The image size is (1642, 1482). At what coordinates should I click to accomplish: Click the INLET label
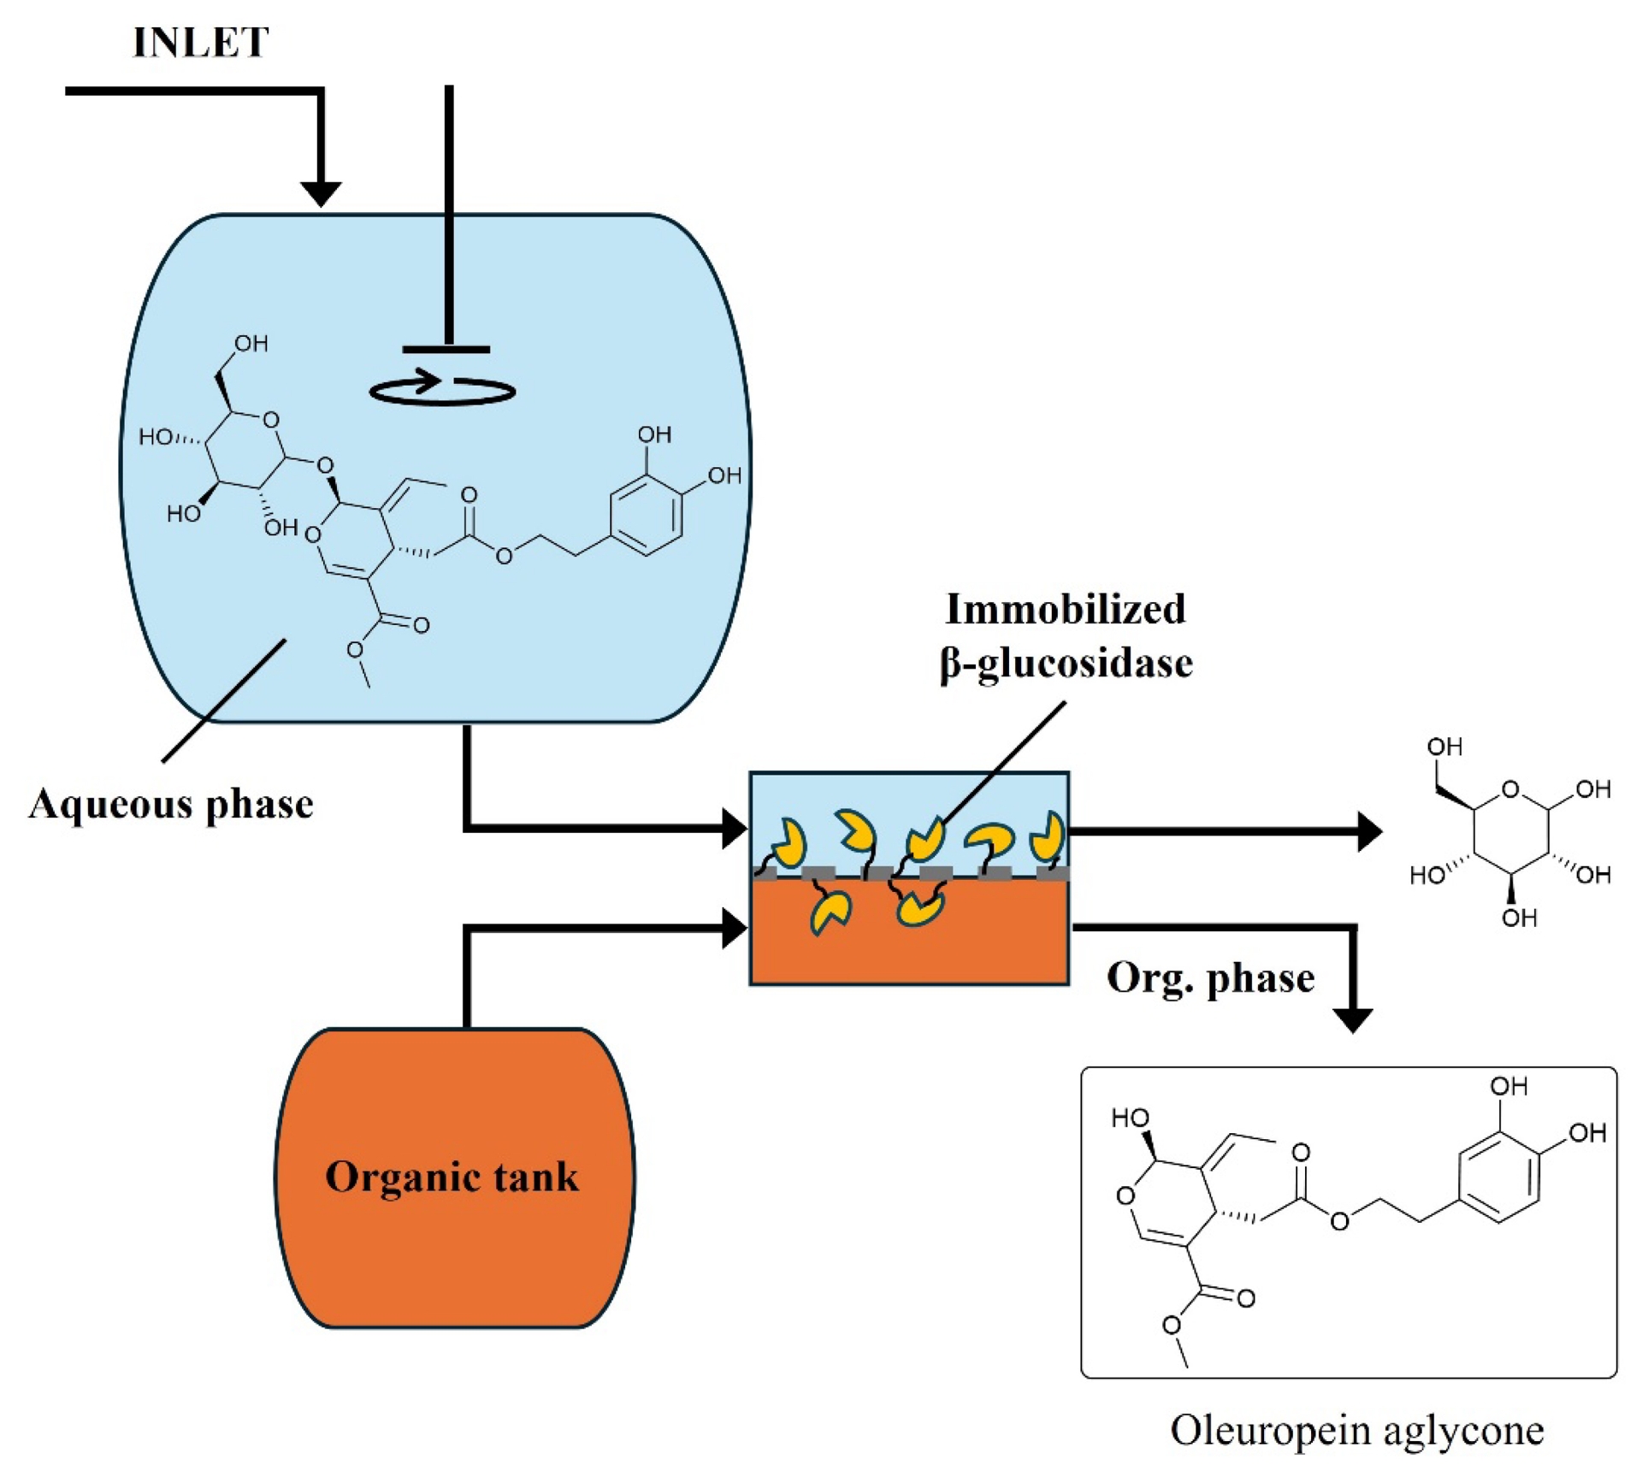pos(201,43)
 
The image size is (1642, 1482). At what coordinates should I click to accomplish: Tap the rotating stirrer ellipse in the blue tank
pos(442,390)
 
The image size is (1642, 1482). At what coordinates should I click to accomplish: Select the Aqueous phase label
pos(171,804)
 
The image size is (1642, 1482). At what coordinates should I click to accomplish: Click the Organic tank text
pos(452,1177)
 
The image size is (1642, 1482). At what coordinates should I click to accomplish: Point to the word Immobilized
pos(1065,610)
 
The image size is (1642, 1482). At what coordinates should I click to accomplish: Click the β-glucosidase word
pos(1066,664)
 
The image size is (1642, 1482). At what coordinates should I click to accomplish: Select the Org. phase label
pos(1210,977)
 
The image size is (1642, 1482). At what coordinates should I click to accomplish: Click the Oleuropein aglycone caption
pos(1356,1430)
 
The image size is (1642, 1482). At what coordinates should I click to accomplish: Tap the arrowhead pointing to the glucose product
pos(1369,831)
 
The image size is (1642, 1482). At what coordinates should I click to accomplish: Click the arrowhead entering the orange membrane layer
pos(735,929)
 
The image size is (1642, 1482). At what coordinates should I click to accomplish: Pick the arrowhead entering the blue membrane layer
pos(735,829)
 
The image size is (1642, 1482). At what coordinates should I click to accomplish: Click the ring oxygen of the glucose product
pos(1510,789)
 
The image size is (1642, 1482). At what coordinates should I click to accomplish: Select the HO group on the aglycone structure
pos(1130,1118)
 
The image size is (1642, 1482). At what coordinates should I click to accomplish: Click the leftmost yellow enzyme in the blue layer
pos(790,842)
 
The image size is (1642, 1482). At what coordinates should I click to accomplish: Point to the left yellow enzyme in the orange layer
pos(830,912)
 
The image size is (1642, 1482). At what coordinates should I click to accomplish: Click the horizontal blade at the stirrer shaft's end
pos(446,349)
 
